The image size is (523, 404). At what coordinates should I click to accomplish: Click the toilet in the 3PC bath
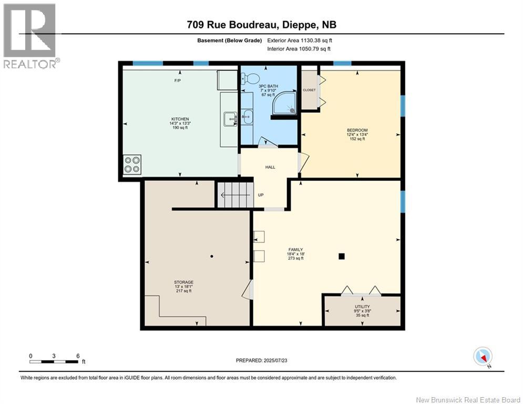pos(251,79)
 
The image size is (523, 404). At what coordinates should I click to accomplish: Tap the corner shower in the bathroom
pos(284,103)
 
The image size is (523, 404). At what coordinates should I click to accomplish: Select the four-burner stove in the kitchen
pos(132,164)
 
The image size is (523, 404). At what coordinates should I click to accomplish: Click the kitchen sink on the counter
pos(230,119)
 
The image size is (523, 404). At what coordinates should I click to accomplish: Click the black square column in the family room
pos(341,256)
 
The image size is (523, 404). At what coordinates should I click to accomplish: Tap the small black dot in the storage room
pos(212,256)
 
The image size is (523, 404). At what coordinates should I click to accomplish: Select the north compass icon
pos(483,357)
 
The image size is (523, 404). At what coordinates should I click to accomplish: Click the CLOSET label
pos(309,90)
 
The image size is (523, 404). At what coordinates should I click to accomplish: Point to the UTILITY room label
pos(362,307)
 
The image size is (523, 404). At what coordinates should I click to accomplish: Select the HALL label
pos(270,167)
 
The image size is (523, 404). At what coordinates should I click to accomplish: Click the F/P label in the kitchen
pos(178,80)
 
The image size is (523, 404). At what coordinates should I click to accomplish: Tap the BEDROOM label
pos(357,130)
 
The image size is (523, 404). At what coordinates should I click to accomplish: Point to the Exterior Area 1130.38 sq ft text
pos(300,41)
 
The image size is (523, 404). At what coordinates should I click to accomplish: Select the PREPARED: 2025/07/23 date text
pos(262,360)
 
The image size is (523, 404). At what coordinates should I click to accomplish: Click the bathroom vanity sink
pos(247,117)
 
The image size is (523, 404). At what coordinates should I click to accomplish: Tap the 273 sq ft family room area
pos(296,258)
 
